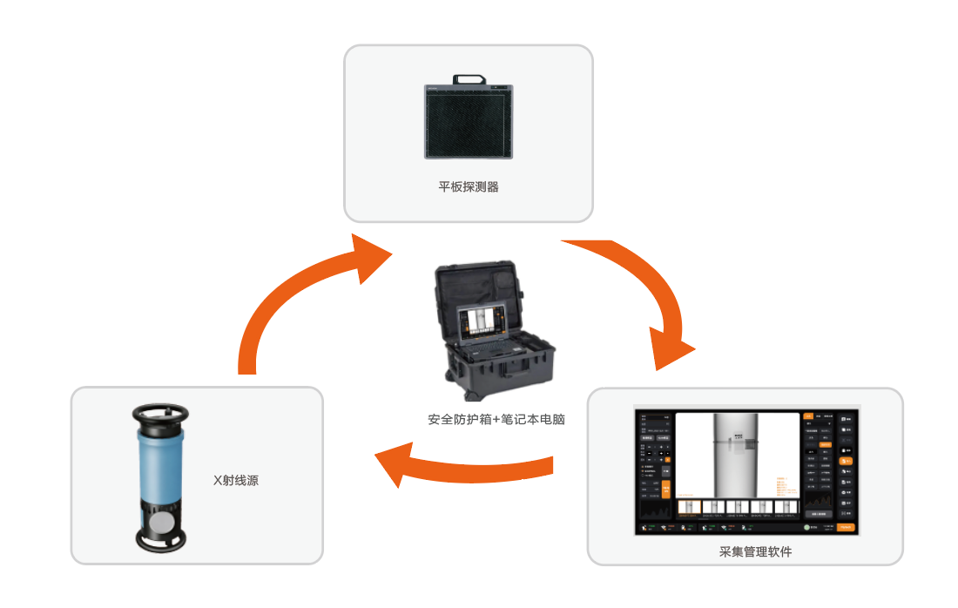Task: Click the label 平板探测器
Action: point(469,186)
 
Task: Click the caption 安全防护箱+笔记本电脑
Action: point(496,419)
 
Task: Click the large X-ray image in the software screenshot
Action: point(737,453)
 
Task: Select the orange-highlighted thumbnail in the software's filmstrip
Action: point(689,507)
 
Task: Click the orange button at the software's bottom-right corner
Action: point(846,527)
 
